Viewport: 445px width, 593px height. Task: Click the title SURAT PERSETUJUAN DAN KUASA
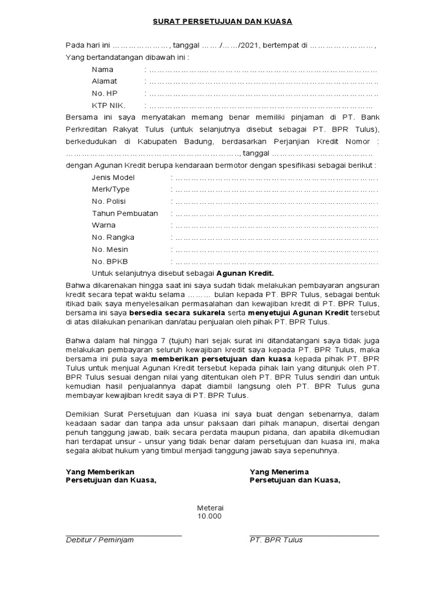222,21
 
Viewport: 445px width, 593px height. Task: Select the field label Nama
102,69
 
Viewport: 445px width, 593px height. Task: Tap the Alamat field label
104,82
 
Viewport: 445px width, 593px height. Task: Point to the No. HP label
105,93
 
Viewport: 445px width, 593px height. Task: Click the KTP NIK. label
108,105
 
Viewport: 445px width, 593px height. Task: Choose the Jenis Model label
113,177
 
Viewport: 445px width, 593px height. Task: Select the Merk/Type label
111,189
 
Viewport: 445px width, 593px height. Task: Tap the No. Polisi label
108,201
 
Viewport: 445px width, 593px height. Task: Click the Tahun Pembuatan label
125,213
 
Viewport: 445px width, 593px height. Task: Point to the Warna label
104,225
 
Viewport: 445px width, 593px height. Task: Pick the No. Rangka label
113,237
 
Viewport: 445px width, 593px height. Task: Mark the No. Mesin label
110,249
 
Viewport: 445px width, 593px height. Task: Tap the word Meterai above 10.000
210,507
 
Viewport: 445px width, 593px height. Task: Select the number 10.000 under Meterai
209,516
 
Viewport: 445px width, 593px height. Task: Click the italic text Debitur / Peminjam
100,540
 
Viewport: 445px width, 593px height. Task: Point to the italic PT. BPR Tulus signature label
276,540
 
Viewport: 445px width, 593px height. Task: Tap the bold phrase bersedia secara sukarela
177,313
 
